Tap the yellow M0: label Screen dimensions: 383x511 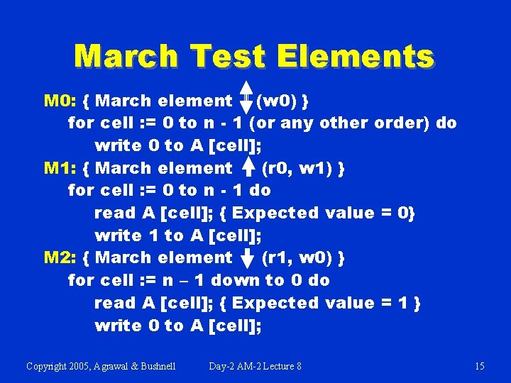point(60,101)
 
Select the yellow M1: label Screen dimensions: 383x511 point(59,168)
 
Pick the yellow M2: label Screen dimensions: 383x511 point(60,257)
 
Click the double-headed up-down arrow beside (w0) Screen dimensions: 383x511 point(246,101)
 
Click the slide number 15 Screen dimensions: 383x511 point(479,366)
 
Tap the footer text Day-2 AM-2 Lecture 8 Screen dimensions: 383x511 point(255,366)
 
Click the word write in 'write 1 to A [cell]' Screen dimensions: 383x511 point(118,235)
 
